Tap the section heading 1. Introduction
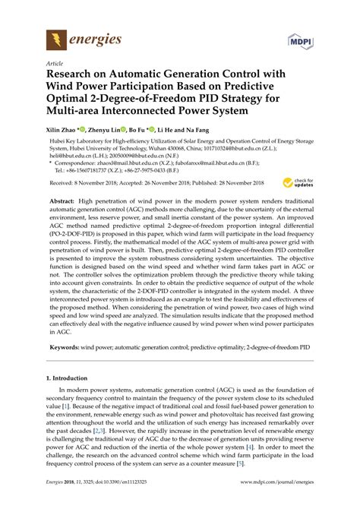[71, 397]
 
